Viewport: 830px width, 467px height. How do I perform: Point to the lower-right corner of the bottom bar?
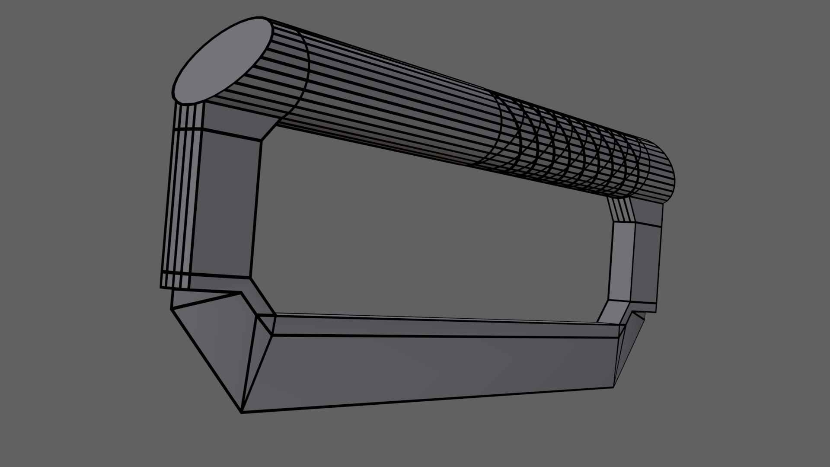(613, 387)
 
